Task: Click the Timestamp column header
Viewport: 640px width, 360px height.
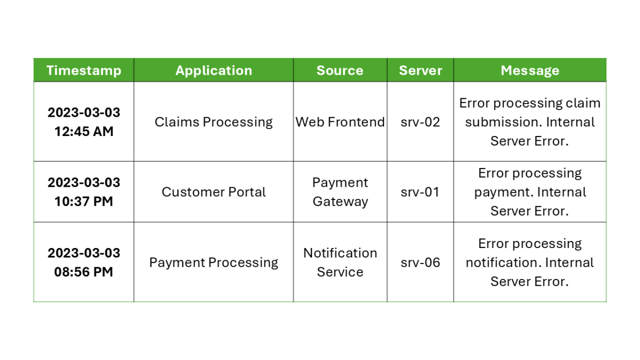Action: (84, 70)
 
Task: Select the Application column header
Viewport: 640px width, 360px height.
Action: (213, 70)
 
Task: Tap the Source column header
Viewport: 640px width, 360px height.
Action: (340, 70)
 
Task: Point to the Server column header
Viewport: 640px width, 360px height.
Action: (420, 70)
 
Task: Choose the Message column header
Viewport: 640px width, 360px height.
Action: (530, 70)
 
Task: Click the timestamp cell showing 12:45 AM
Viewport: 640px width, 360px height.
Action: (84, 122)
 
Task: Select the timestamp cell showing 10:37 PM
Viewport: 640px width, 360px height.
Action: (84, 192)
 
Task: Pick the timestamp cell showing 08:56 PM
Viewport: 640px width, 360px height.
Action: (84, 262)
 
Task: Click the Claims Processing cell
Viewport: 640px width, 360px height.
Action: (213, 122)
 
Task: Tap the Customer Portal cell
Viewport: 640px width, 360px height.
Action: (213, 192)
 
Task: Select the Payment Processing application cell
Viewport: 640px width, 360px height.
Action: (213, 262)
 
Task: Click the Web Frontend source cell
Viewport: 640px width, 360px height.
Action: (340, 122)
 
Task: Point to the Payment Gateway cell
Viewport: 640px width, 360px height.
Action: (340, 192)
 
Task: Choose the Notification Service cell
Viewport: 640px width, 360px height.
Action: (340, 262)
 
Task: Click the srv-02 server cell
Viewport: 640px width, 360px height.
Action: (420, 122)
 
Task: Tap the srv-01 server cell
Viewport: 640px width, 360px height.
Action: (420, 192)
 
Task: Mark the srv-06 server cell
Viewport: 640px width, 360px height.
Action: (420, 262)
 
